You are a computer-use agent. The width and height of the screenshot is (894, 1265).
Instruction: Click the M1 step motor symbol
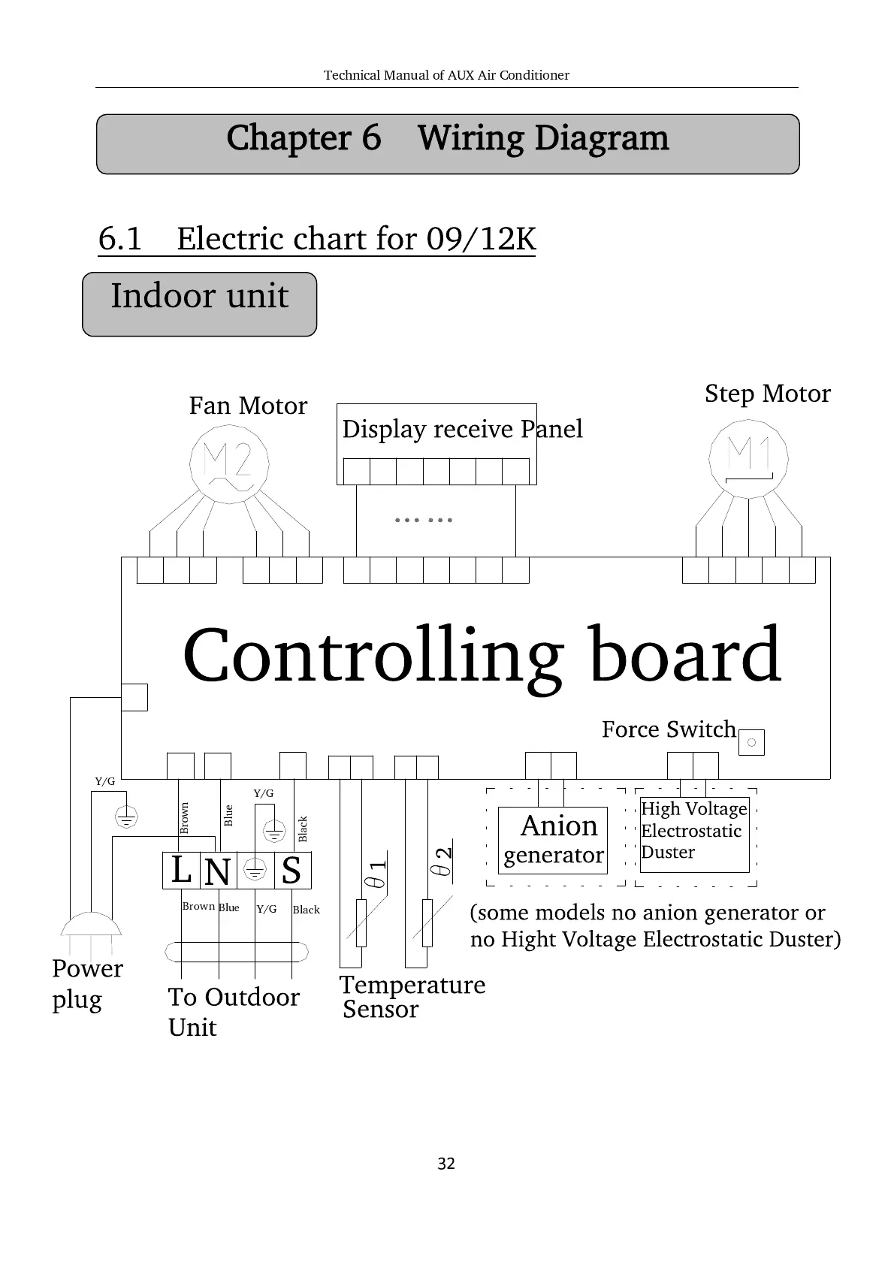[x=749, y=457]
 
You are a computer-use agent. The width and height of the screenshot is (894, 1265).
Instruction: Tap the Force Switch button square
[x=751, y=743]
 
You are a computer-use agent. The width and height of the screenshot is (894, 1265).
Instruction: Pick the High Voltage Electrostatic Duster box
[x=694, y=834]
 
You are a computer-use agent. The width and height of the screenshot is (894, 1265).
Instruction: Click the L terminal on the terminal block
[x=181, y=871]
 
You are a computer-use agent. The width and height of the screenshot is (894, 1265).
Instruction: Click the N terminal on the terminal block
[x=217, y=871]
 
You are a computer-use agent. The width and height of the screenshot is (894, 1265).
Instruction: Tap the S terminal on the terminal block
[x=291, y=871]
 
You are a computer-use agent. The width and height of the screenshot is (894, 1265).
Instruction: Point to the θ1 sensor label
[x=377, y=874]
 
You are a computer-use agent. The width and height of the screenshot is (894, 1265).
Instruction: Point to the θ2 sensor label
[x=442, y=862]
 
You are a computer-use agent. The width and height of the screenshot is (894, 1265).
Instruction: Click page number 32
[x=446, y=1164]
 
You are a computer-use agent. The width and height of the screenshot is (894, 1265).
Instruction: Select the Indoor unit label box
[x=199, y=303]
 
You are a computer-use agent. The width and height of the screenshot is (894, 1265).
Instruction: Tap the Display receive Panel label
[x=462, y=429]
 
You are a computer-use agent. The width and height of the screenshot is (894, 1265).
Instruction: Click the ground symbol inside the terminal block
[x=255, y=871]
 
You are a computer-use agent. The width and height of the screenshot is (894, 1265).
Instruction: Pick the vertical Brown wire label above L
[x=185, y=818]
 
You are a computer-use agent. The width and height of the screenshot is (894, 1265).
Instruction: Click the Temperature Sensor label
[x=412, y=996]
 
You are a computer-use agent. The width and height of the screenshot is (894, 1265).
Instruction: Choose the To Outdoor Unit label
[x=233, y=1011]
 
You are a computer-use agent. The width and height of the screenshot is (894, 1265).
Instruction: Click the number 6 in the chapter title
[x=371, y=138]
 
